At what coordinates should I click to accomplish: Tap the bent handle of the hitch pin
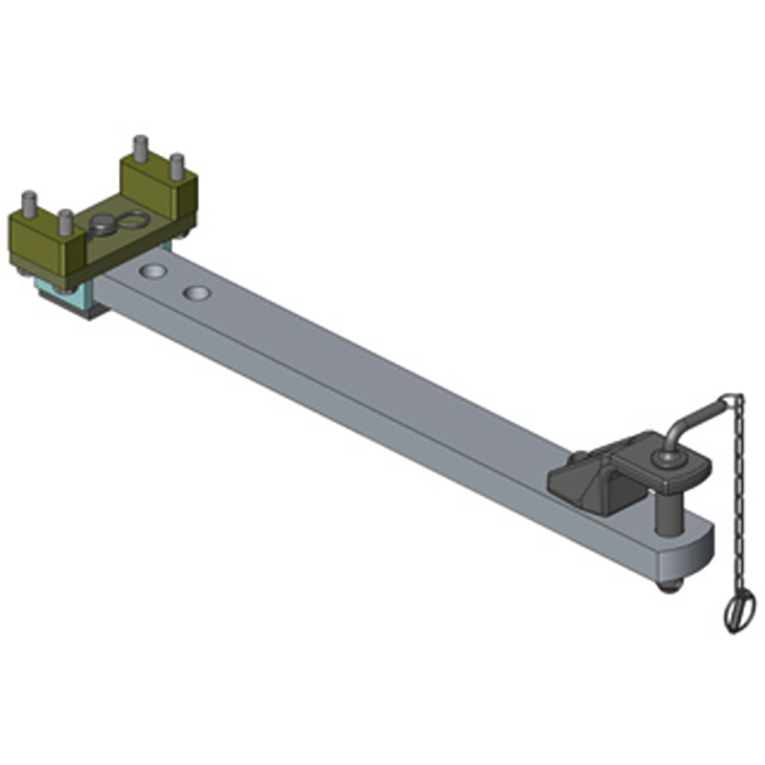(x=692, y=417)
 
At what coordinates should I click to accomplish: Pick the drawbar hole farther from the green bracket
(x=198, y=292)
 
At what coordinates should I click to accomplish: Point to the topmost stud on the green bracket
(x=140, y=149)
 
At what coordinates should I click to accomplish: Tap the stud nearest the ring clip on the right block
(x=176, y=166)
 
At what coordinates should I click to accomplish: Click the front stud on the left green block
(x=65, y=224)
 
